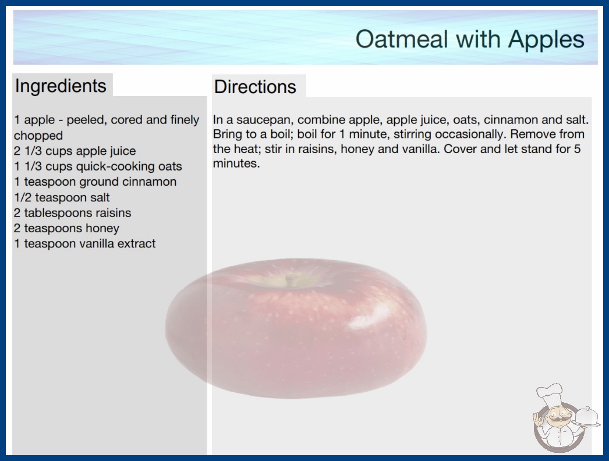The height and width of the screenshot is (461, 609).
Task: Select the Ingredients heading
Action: tap(61, 86)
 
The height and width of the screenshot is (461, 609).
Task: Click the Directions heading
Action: tap(255, 87)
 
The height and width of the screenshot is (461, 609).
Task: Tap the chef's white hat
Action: tap(550, 393)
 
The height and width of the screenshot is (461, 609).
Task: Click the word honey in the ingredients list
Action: tap(102, 228)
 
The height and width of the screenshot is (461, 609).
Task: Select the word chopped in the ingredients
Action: tap(38, 136)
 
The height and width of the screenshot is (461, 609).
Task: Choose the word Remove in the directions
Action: tap(533, 134)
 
